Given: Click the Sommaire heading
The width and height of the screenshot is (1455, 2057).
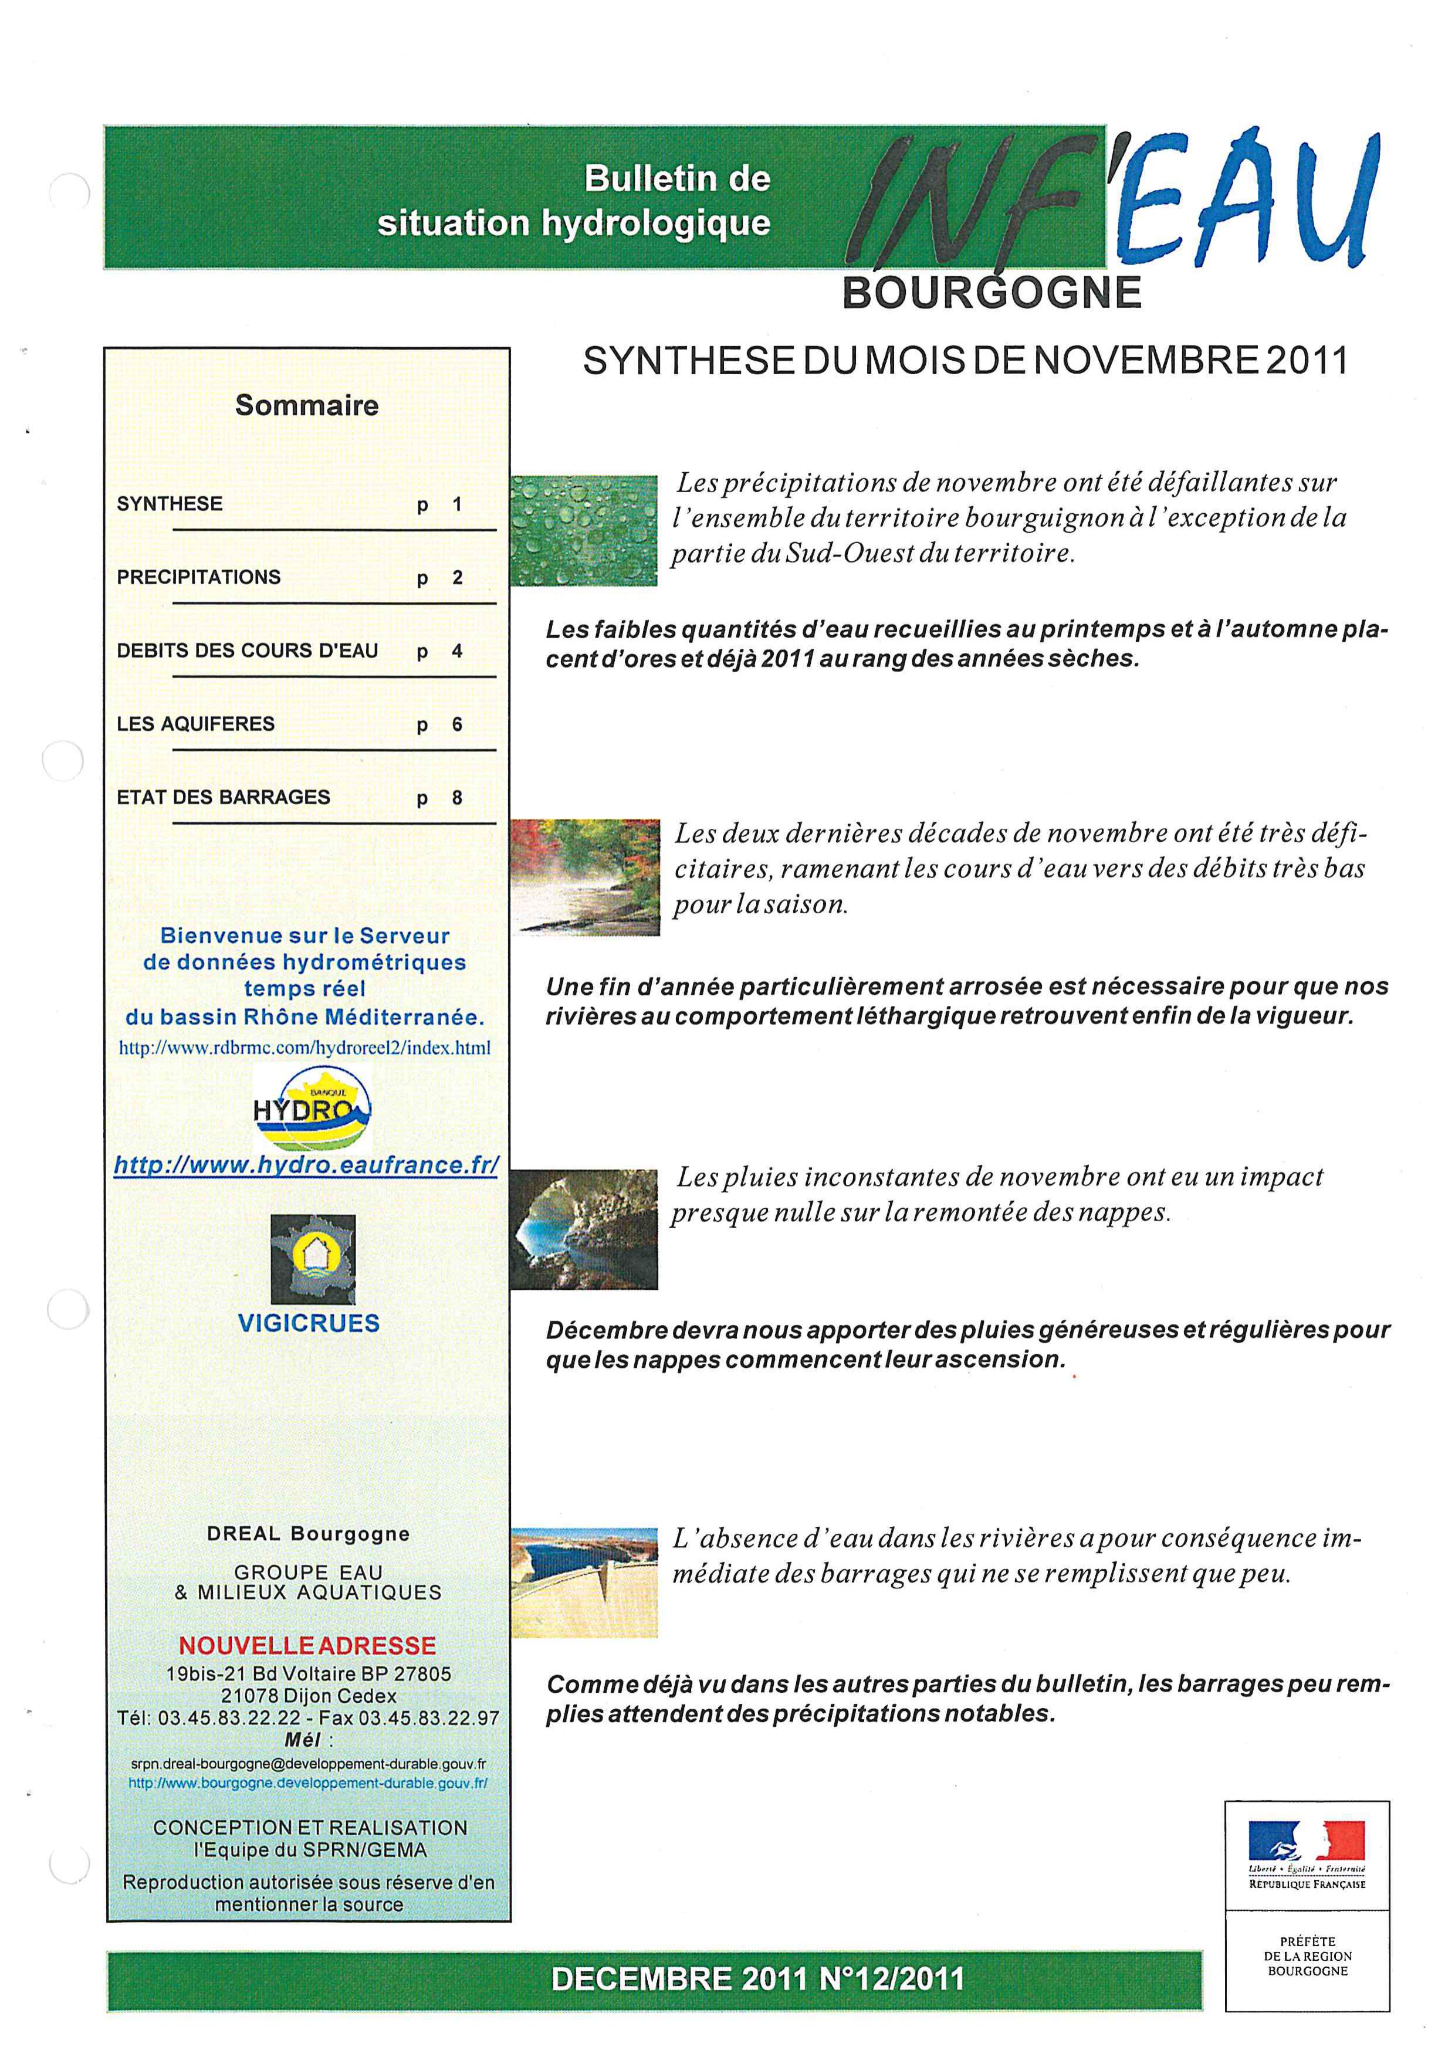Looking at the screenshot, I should point(306,406).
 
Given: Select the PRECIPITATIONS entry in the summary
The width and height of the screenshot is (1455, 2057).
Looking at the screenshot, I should point(199,577).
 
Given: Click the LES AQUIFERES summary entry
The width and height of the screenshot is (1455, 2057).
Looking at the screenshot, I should point(195,724).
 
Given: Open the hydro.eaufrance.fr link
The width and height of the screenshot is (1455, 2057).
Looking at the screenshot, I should point(306,1165).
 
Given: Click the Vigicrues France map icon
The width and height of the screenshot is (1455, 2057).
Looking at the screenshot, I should point(313,1259).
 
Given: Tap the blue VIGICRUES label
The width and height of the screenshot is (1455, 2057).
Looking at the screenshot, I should point(309,1323).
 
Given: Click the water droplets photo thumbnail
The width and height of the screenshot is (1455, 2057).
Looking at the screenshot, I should point(584,530).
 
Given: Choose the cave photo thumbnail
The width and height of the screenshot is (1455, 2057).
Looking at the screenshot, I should point(584,1229).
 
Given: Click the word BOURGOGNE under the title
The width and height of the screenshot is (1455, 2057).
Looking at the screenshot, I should point(992,293).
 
